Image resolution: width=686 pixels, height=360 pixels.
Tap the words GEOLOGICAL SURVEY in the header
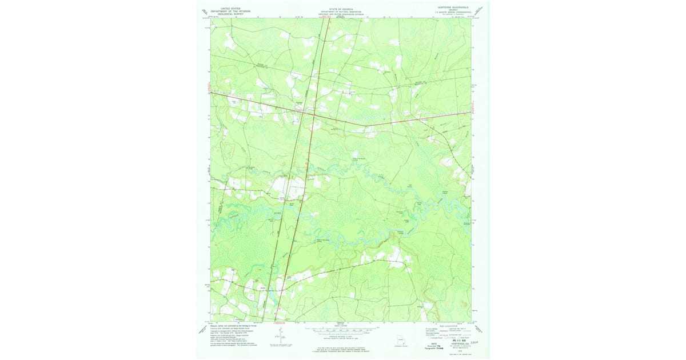point(224,14)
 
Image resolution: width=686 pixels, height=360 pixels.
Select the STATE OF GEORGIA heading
point(340,9)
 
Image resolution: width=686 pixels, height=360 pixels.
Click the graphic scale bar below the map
point(341,330)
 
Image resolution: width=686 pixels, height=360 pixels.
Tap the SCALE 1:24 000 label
point(341,326)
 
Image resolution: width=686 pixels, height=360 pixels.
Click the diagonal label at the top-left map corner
point(205,11)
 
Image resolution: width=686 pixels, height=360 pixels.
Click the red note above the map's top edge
point(326,17)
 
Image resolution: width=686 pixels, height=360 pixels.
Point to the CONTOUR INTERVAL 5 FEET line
point(341,337)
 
